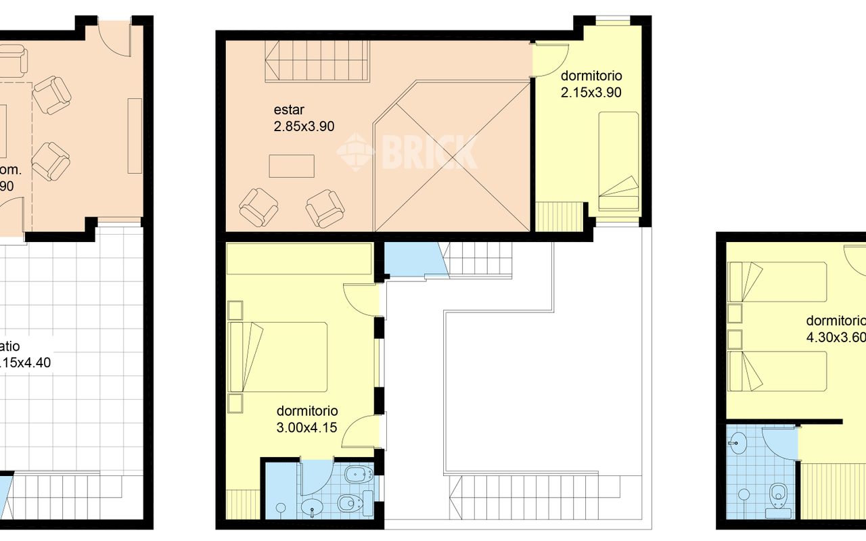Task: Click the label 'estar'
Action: pos(289,110)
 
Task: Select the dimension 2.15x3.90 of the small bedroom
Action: pos(591,92)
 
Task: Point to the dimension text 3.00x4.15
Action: pos(307,427)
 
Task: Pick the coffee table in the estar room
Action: pos(292,166)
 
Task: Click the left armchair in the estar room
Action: pos(258,207)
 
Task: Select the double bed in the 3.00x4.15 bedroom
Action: pos(279,356)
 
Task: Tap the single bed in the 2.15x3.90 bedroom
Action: pos(618,161)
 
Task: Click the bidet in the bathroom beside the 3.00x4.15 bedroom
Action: pos(356,475)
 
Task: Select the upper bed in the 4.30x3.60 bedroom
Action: pos(777,281)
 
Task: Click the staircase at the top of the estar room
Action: pos(317,60)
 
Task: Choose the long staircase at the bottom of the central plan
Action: pos(534,497)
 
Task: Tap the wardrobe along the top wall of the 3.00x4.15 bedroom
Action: pos(299,259)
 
